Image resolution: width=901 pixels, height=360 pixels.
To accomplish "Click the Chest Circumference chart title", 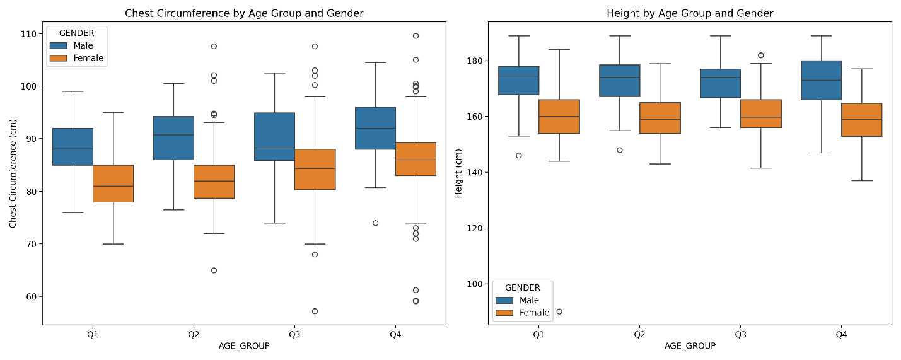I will [244, 13].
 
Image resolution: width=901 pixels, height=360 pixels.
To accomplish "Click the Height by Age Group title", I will [690, 13].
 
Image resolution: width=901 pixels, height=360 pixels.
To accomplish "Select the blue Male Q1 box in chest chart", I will [73, 146].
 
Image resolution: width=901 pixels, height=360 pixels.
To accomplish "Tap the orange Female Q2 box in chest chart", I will [214, 182].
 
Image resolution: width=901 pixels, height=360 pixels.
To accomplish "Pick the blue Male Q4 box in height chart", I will [822, 80].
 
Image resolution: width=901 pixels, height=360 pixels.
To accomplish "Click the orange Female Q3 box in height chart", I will [761, 113].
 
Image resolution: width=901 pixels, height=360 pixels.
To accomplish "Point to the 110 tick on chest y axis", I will [29, 33].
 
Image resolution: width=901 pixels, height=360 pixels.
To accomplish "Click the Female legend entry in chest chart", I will [88, 58].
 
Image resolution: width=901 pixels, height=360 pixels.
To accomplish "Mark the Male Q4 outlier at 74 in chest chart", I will [375, 223].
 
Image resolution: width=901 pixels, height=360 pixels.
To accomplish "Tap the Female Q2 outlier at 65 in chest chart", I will [214, 270].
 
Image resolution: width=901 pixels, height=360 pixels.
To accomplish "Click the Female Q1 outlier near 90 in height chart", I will [559, 311].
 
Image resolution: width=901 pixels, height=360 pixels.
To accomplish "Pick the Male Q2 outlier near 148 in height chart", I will [620, 150].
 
